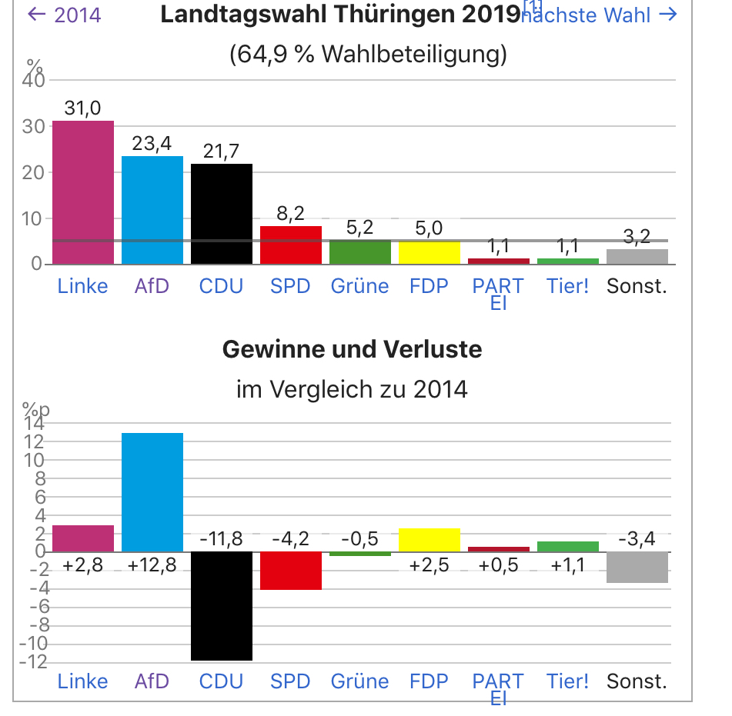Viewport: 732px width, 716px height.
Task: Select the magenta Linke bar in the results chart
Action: [82, 192]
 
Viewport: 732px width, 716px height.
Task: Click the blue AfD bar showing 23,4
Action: [152, 210]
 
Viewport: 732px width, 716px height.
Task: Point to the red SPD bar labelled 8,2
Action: [290, 245]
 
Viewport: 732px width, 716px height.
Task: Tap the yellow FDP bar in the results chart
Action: [429, 252]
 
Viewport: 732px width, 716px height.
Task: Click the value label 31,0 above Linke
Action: [82, 108]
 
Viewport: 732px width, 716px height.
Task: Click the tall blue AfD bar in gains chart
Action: [152, 492]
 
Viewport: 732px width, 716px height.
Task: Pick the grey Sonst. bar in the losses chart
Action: [637, 567]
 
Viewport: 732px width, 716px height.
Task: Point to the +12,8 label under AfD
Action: [152, 565]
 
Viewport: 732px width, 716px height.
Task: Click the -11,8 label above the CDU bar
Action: [221, 539]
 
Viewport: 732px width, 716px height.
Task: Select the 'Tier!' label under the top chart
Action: [567, 287]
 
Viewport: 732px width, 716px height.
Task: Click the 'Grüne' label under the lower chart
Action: [359, 681]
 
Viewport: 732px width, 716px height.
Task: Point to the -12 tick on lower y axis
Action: [35, 662]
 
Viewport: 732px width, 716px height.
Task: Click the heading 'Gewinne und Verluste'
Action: [352, 350]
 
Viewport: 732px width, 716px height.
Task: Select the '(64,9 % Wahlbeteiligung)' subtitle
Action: [368, 55]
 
